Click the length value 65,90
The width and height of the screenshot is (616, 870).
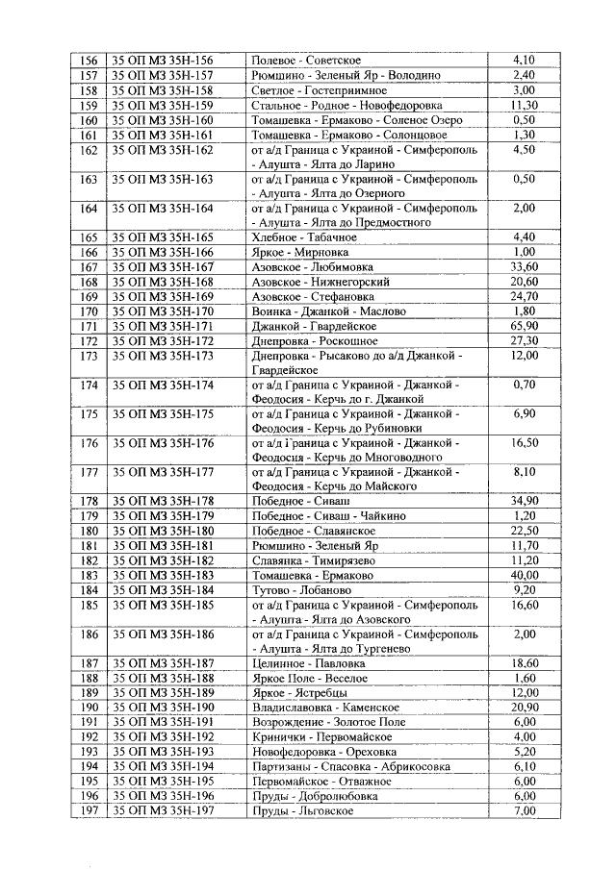tap(524, 327)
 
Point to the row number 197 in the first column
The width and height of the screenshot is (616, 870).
tap(90, 811)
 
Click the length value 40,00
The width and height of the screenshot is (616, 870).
tap(524, 575)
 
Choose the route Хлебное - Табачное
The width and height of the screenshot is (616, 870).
tap(303, 236)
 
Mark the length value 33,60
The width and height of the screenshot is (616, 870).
tap(524, 266)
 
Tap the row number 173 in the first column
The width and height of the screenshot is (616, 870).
tap(90, 357)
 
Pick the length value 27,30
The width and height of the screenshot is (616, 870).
tap(524, 341)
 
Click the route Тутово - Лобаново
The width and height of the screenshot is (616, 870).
tap(301, 589)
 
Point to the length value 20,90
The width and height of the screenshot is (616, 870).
tap(524, 708)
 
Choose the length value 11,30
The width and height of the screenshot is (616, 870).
tap(524, 105)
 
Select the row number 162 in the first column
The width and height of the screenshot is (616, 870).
tap(90, 150)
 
